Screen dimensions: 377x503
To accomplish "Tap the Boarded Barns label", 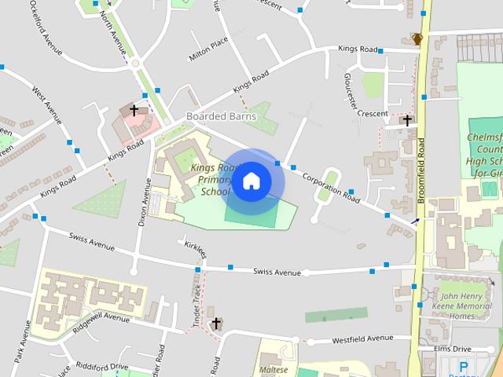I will tap(221, 116).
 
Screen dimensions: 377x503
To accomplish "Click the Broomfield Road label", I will tap(421, 170).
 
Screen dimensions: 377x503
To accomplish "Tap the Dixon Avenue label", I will tap(144, 202).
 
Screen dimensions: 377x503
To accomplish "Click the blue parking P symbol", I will tap(463, 367).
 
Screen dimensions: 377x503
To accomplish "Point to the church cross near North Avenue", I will tap(134, 111).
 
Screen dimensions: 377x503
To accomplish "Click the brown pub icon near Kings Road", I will tap(417, 38).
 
